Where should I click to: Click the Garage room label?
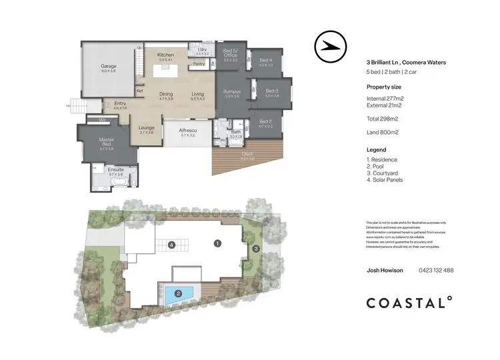coord(108,67)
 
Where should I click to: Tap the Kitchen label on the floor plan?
coord(165,55)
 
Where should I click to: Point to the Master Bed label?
coord(107,141)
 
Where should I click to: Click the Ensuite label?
coord(116,170)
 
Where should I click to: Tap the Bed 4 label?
coord(266,60)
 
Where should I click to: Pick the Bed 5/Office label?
coord(231,54)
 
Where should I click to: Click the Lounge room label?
coord(147,127)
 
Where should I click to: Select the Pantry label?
coord(198,64)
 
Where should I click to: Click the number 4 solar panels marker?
coord(172,245)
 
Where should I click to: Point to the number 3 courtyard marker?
coord(256,249)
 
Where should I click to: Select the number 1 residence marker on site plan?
coord(217,244)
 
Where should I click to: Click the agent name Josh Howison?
coord(386,270)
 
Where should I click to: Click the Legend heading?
coord(377,150)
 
